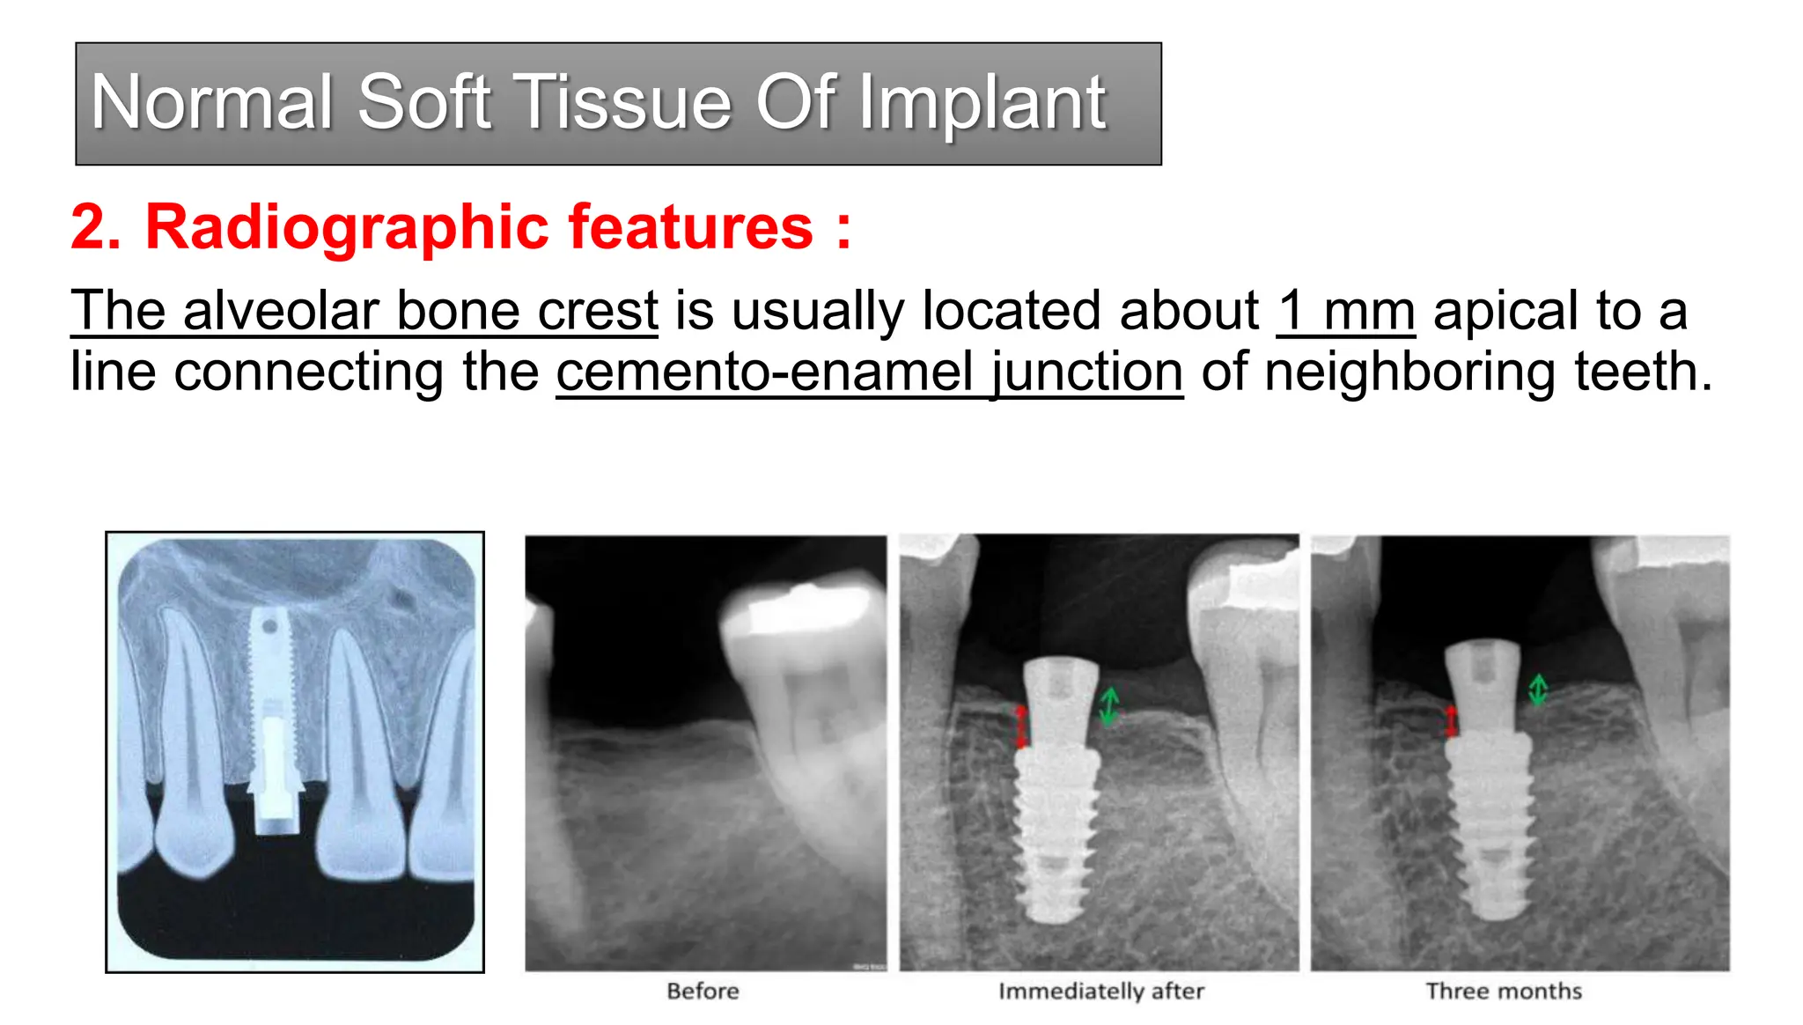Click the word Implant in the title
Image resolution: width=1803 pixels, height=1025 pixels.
982,104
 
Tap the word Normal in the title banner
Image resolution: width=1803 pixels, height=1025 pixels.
211,103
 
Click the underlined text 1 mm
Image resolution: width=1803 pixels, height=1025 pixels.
1345,311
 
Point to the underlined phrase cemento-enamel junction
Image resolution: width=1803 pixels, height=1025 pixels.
869,372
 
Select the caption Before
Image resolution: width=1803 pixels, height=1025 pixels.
703,992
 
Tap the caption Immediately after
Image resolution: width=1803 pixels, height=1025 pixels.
1100,992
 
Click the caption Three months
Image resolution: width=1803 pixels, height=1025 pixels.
1504,992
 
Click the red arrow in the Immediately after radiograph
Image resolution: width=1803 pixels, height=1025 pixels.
1021,726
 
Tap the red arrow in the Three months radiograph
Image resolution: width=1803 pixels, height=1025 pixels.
1451,720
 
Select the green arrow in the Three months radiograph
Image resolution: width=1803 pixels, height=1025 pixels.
1537,689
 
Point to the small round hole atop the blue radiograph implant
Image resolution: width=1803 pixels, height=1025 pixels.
269,627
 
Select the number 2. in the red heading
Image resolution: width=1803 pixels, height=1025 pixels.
95,227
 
